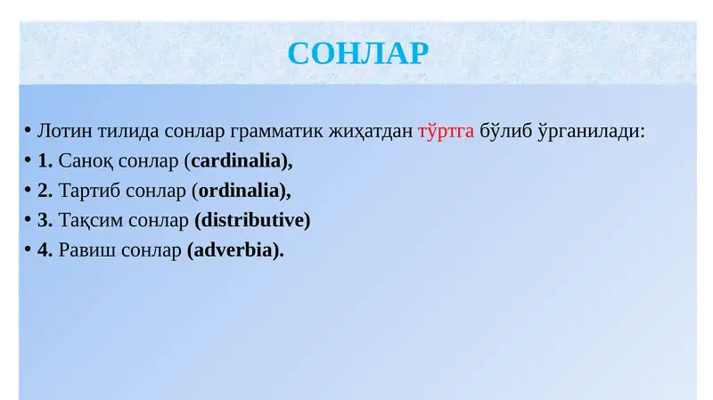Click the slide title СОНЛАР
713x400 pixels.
358,53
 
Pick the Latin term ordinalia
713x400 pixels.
242,191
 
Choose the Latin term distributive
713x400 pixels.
252,220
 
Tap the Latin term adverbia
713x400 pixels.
234,249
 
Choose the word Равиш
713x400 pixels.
82,249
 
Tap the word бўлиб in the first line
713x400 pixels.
504,132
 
